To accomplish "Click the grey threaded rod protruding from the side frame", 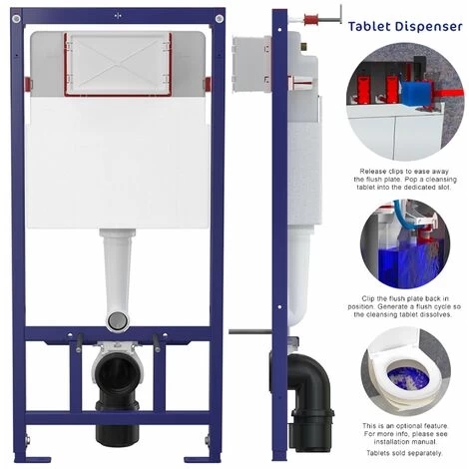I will (x=243, y=330).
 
